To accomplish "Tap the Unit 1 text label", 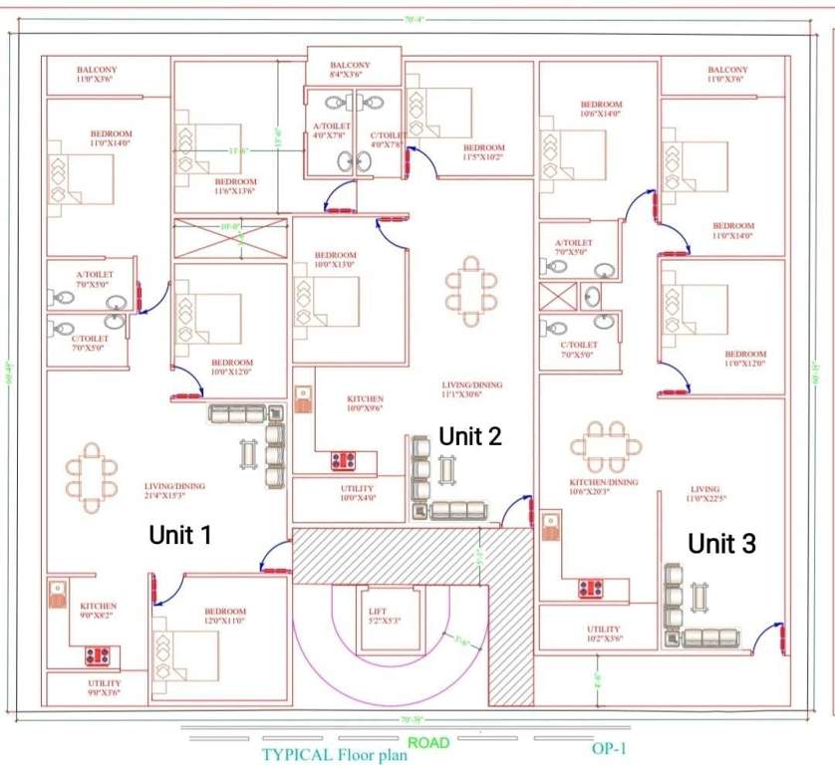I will point(180,535).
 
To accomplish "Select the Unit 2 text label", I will point(470,435).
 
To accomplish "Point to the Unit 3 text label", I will point(722,543).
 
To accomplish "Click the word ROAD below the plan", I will point(428,742).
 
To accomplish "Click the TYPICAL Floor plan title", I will point(334,754).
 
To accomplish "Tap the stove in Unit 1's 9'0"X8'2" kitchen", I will point(98,655).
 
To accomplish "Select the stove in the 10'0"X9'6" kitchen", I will point(344,461).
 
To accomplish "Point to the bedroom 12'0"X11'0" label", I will point(225,617).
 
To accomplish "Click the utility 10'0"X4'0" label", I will point(357,493).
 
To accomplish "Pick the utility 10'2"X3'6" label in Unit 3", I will point(603,634).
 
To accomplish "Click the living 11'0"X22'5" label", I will point(705,494).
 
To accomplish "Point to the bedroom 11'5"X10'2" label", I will point(483,152).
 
